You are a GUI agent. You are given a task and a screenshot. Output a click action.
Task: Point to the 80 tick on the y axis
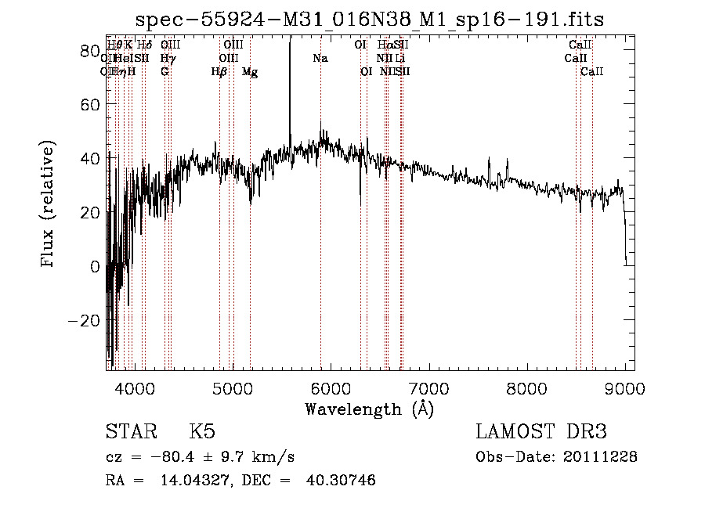click(107, 51)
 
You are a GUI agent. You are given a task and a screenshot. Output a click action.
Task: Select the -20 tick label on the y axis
click(85, 320)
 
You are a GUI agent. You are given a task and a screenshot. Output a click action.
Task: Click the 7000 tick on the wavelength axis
click(428, 369)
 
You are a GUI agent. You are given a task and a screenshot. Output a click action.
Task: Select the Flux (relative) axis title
click(48, 205)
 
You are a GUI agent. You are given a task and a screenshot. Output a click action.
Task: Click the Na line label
click(320, 59)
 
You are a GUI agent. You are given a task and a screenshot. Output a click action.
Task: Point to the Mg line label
click(250, 72)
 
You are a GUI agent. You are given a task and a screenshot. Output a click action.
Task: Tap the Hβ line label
click(219, 72)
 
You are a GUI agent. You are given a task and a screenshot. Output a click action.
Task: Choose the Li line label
click(399, 59)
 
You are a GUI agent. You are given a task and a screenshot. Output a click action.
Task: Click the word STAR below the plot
click(130, 432)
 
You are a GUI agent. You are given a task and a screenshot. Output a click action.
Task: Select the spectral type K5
click(202, 432)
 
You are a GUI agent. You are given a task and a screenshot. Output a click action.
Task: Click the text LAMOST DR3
click(541, 432)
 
